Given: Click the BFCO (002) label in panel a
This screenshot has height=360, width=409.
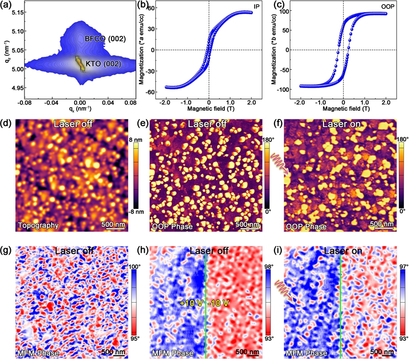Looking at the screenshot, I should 104,39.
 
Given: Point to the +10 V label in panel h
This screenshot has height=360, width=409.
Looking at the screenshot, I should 191,303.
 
